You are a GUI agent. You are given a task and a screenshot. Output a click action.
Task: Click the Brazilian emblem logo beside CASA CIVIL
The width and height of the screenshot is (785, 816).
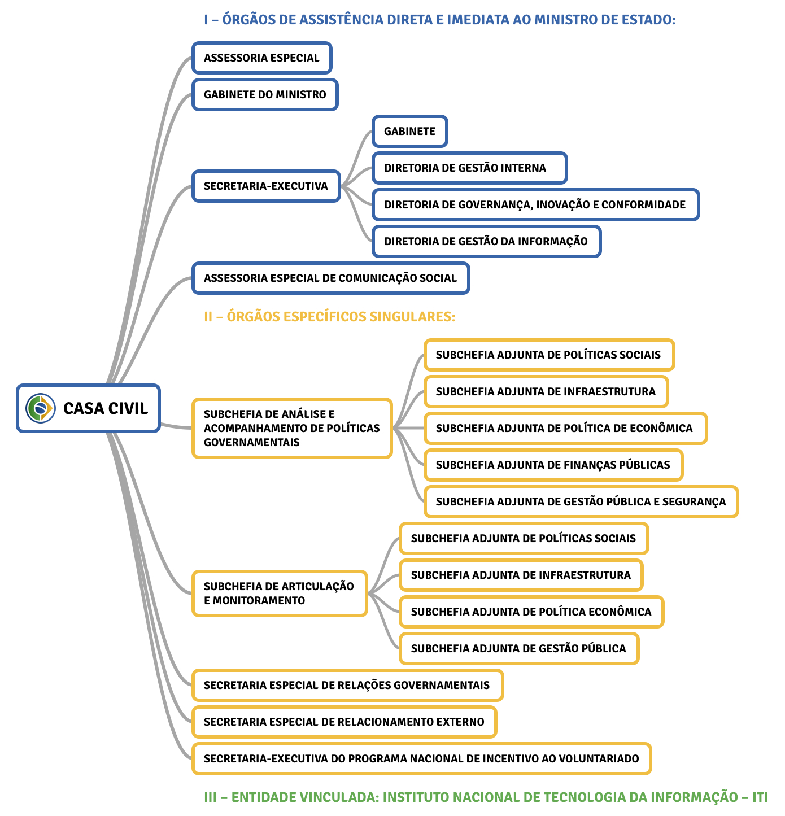pos(41,408)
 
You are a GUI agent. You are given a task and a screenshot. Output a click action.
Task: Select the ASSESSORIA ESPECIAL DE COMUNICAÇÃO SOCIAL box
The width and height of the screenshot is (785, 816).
pos(330,278)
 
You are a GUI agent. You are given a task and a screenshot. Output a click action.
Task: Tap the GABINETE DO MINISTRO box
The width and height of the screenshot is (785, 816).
pos(265,95)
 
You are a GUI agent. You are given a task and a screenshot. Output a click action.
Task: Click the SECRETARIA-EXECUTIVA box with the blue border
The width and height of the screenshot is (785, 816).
pos(266,186)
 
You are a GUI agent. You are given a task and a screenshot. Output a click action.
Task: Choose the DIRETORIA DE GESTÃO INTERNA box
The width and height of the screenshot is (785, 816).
pos(469,168)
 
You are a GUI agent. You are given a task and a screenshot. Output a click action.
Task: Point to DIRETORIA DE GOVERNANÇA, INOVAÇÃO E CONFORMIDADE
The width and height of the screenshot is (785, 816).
pos(535,205)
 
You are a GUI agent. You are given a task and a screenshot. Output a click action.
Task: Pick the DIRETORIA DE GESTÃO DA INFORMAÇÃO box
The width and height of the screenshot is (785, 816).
pos(486,242)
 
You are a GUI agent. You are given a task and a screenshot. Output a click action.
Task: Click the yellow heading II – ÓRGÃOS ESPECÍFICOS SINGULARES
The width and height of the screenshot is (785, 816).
pos(330,316)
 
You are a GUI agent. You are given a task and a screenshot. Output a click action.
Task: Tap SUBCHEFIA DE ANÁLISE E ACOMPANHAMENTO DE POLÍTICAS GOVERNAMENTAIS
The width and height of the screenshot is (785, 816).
pos(292,428)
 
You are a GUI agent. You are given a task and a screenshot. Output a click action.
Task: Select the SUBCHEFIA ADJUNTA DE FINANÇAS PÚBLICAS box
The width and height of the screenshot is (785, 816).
pos(553,465)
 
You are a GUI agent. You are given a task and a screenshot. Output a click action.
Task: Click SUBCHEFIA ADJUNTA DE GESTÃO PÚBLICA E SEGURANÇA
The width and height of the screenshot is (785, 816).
pos(581,502)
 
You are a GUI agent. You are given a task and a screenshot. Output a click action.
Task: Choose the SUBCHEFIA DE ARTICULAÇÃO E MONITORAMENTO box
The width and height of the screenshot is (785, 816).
pos(280,594)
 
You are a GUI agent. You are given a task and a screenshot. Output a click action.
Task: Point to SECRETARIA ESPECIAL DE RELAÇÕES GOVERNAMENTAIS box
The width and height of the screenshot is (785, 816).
pos(347,686)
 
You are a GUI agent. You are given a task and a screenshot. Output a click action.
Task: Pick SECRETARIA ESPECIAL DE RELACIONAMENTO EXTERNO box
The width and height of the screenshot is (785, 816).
pos(344,722)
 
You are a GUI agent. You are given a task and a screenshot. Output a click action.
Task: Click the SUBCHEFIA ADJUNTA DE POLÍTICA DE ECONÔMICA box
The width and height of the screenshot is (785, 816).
pos(565,429)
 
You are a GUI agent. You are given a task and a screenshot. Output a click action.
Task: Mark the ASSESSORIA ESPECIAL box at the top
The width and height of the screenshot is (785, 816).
pos(261,58)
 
